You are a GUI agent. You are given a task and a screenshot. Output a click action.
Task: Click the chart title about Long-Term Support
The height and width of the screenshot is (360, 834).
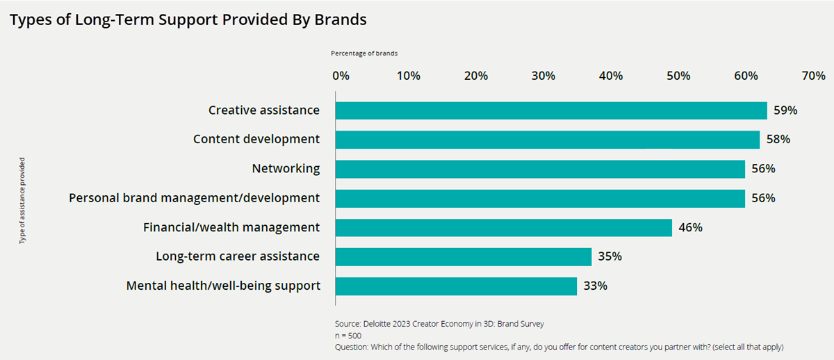[188, 20]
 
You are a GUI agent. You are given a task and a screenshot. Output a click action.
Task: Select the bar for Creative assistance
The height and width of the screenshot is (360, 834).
[551, 111]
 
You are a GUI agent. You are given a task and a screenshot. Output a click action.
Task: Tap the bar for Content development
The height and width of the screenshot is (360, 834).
[548, 140]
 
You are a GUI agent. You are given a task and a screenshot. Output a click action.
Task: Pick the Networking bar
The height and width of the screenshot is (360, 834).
[540, 169]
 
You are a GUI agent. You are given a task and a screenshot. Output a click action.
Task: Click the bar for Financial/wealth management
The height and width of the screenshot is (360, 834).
[504, 227]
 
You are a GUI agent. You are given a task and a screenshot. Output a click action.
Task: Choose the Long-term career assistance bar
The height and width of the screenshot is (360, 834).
[464, 256]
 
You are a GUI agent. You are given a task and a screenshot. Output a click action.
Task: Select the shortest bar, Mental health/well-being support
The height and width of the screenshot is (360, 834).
[456, 286]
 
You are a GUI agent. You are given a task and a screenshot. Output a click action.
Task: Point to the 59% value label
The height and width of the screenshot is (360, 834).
[785, 111]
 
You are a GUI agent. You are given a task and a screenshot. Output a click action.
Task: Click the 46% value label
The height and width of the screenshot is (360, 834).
[691, 227]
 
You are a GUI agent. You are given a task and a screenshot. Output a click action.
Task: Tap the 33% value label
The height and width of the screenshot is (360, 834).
[596, 286]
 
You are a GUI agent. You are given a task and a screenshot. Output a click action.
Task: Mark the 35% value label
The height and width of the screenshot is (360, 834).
[610, 256]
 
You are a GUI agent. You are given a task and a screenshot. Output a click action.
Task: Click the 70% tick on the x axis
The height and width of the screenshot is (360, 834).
[812, 76]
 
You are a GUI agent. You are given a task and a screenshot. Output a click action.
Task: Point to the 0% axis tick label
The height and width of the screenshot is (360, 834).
[340, 76]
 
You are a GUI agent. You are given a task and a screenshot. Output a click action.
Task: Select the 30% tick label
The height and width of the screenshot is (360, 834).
[543, 76]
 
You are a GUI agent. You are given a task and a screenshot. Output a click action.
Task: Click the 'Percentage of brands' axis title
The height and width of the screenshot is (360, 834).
[364, 53]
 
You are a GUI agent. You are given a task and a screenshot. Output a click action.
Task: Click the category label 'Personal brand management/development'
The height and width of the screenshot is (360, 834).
[195, 198]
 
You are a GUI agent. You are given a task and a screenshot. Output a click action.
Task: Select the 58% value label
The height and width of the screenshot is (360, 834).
[778, 140]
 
